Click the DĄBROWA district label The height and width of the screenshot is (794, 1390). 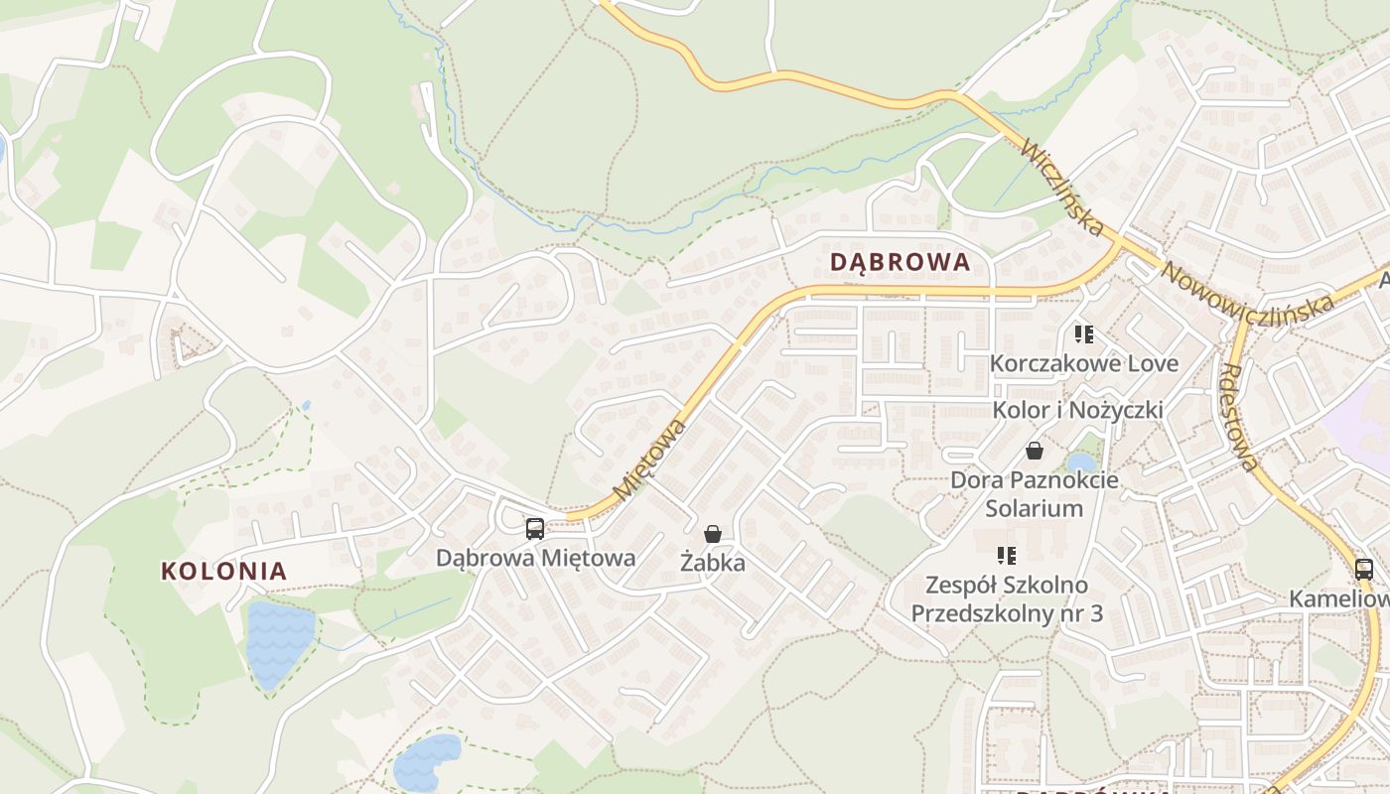click(x=900, y=262)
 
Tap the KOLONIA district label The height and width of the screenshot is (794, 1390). click(x=224, y=571)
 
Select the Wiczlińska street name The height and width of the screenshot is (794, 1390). click(x=1061, y=189)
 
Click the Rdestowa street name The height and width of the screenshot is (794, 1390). click(x=1239, y=417)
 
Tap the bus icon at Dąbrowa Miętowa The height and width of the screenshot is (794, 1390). click(x=535, y=528)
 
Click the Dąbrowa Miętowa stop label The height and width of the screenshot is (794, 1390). click(x=535, y=558)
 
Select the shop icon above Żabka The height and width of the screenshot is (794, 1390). click(x=712, y=534)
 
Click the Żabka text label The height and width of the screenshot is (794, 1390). click(x=712, y=563)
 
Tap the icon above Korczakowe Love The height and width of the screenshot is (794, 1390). click(x=1083, y=334)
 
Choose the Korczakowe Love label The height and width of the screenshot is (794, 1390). click(x=1083, y=363)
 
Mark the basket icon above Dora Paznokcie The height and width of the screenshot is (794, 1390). click(x=1035, y=451)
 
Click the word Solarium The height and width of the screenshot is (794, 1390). click(x=1034, y=508)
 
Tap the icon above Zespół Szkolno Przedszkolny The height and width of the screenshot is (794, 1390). click(x=1007, y=555)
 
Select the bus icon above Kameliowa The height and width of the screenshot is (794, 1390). click(x=1364, y=570)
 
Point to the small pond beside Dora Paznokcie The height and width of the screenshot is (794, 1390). click(x=1081, y=462)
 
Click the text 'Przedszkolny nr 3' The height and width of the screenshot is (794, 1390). click(x=1007, y=613)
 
